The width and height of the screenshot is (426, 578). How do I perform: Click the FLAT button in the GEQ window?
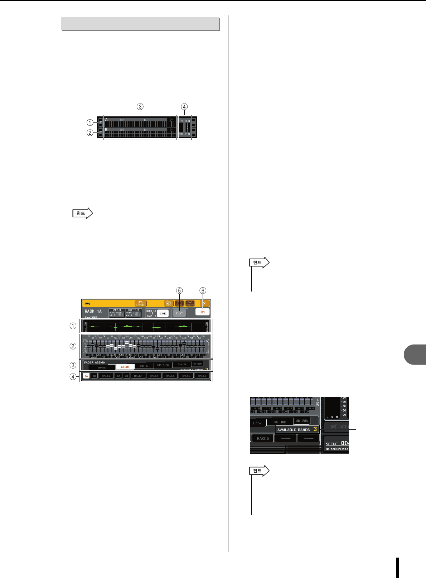pyautogui.click(x=179, y=313)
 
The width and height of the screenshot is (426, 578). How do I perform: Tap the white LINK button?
pyautogui.click(x=163, y=313)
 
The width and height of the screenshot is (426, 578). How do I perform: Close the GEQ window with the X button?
pyautogui.click(x=204, y=303)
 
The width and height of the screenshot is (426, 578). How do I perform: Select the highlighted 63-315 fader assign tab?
pyautogui.click(x=125, y=367)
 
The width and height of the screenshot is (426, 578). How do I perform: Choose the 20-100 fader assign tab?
pyautogui.click(x=102, y=367)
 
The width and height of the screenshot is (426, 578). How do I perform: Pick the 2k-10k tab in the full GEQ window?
pyautogui.click(x=182, y=365)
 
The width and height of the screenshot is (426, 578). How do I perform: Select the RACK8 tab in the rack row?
pyautogui.click(x=202, y=376)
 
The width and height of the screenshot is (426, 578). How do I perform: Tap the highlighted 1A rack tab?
pyautogui.click(x=86, y=376)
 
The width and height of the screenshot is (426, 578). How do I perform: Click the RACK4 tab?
pyautogui.click(x=138, y=376)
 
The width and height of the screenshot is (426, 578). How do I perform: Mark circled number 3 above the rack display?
pyautogui.click(x=140, y=106)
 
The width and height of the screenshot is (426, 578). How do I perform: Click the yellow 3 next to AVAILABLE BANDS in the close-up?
pyautogui.click(x=315, y=429)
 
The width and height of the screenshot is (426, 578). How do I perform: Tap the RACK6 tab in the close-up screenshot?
pyautogui.click(x=263, y=438)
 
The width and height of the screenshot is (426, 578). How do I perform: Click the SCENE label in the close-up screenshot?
pyautogui.click(x=332, y=444)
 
